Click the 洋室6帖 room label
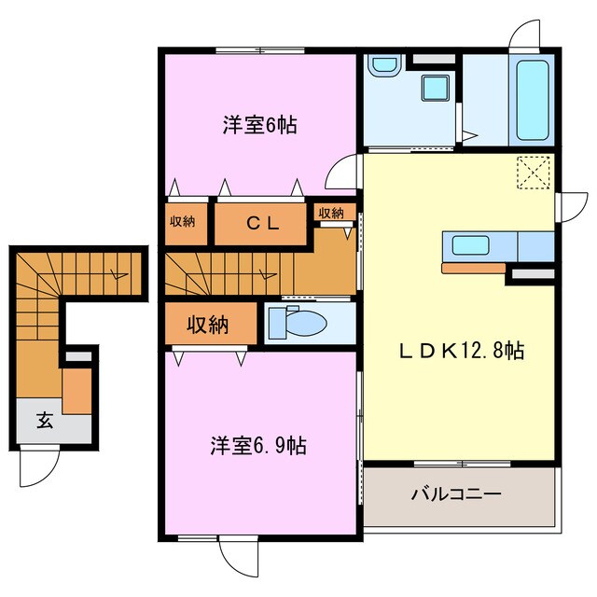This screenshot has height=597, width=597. point(259,124)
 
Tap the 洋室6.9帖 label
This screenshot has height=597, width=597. point(257,446)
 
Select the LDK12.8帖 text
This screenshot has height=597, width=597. point(461,351)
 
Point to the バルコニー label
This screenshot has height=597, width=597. point(456,493)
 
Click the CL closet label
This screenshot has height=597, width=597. point(262,223)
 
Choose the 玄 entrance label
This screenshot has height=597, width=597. point(45,420)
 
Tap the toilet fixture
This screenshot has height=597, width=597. point(298,324)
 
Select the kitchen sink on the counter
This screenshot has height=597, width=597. point(471,246)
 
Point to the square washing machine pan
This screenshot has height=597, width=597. point(435,90)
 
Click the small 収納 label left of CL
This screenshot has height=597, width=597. point(183,221)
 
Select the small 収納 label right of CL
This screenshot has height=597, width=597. point(331,214)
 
